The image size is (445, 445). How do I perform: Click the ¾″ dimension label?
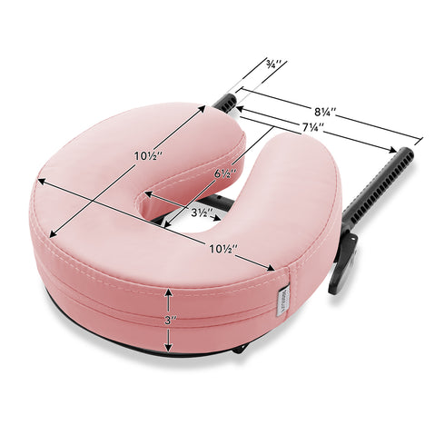[274, 64]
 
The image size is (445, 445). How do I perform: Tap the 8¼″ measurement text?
[325, 112]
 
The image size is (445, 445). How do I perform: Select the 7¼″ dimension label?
[312, 127]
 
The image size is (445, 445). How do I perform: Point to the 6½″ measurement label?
[225, 173]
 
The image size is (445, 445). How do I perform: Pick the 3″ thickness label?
[169, 321]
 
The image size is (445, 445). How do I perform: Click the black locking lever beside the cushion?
[342, 261]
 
